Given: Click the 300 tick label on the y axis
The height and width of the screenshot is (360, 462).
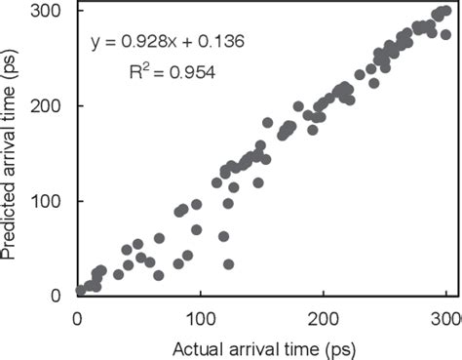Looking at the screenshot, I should pyautogui.click(x=47, y=11).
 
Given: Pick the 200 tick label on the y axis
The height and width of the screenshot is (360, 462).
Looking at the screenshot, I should pyautogui.click(x=47, y=105).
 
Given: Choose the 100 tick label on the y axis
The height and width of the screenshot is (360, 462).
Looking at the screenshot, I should pyautogui.click(x=47, y=201).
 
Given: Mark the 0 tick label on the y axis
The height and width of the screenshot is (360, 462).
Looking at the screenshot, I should pyautogui.click(x=57, y=296).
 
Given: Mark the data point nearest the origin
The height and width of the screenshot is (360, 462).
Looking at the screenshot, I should pyautogui.click(x=81, y=291).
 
